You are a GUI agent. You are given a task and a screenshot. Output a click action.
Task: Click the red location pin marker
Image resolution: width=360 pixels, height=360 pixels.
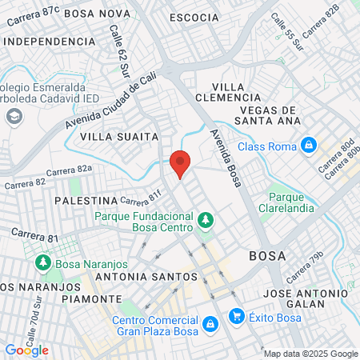tap(180, 162)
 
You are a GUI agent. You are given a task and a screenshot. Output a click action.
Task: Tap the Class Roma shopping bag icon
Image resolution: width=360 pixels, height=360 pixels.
tap(307, 146)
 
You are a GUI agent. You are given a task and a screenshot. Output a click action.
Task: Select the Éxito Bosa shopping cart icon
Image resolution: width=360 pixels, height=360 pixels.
tap(236, 316)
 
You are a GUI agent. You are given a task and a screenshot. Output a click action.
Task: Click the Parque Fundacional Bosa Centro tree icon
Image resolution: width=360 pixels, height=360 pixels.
tap(206, 218)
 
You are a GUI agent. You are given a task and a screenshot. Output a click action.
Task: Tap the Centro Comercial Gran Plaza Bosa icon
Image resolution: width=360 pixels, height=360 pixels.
tap(210, 323)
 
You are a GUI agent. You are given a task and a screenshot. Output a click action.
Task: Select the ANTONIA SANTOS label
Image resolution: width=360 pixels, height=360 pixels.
tap(146, 277)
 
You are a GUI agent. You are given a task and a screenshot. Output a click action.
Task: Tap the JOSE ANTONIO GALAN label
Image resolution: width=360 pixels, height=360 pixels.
tap(305, 298)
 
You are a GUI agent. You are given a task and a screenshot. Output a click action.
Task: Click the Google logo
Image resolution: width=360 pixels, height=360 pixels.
tap(26, 350)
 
